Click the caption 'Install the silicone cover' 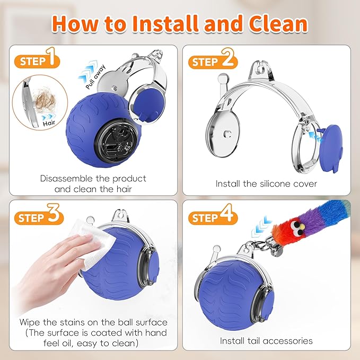[x=266, y=183]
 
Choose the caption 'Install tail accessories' [x=266, y=340]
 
